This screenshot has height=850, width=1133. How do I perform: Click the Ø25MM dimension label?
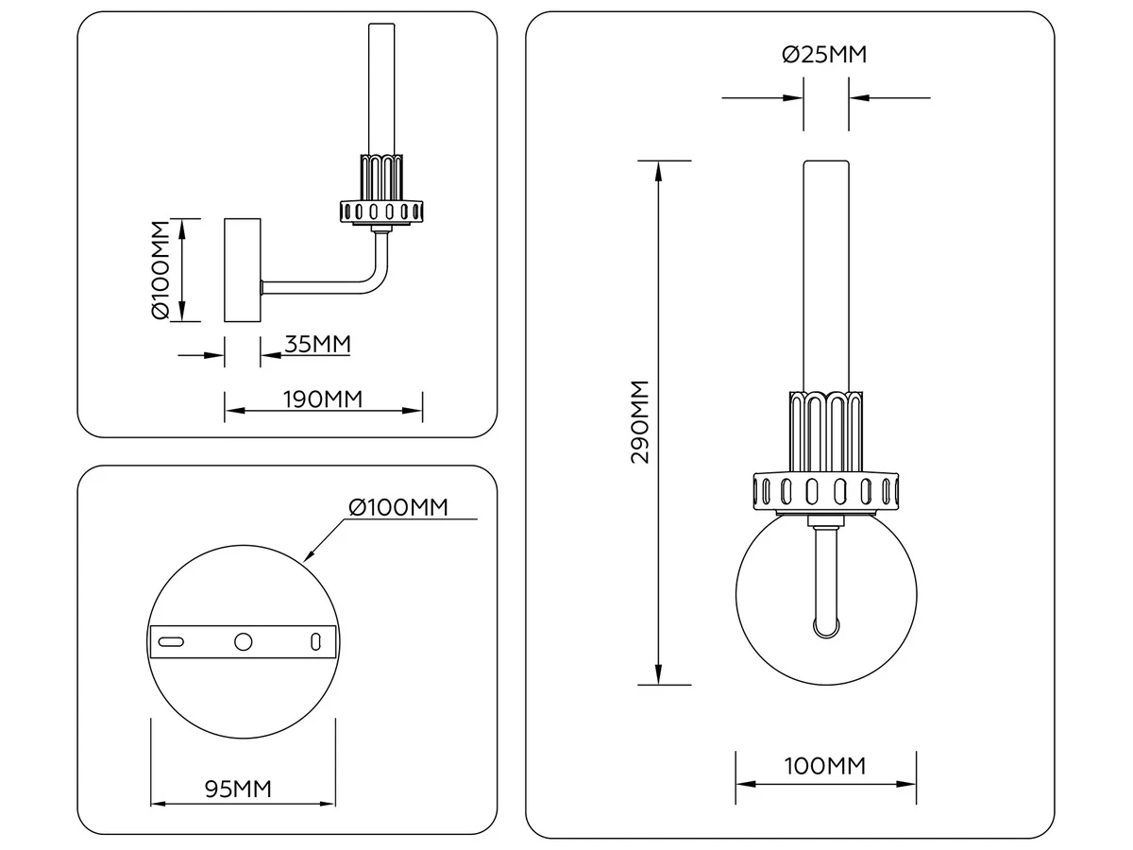pyautogui.click(x=824, y=55)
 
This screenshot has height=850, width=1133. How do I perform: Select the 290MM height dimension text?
pyautogui.click(x=640, y=422)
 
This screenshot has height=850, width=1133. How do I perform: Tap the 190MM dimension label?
pyautogui.click(x=323, y=399)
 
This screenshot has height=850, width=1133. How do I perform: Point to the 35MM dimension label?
pyautogui.click(x=317, y=344)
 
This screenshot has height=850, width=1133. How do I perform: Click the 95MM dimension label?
pyautogui.click(x=238, y=790)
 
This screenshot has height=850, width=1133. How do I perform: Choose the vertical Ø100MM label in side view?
pyautogui.click(x=161, y=270)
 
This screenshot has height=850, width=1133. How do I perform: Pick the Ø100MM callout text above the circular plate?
pyautogui.click(x=398, y=507)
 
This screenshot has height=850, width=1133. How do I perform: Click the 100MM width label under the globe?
pyautogui.click(x=825, y=766)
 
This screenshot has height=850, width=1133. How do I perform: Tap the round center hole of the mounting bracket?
pyautogui.click(x=243, y=642)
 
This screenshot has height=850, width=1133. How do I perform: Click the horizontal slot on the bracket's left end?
pyautogui.click(x=171, y=642)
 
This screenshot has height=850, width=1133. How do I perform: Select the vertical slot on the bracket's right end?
pyautogui.click(x=315, y=642)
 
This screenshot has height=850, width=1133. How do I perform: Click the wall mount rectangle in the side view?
pyautogui.click(x=242, y=270)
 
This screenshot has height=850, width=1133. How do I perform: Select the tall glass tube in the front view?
pyautogui.click(x=826, y=276)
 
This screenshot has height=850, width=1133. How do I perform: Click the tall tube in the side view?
pyautogui.click(x=381, y=89)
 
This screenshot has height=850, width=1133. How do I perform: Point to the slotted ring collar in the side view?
pyautogui.click(x=381, y=212)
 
